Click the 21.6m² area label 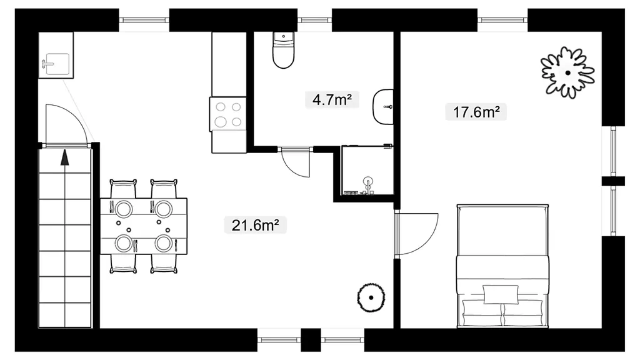coord(256,225)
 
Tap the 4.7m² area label coord(332,99)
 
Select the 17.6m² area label coord(476,111)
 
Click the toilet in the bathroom coord(283,50)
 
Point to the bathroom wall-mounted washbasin coord(384,106)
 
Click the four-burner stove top coord(228,114)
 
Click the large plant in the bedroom coord(567,72)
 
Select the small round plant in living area coord(371,297)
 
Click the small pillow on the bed coord(501,294)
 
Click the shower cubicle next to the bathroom coord(367,170)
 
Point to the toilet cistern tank coord(283,37)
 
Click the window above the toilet coord(314,19)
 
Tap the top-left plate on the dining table coord(124,209)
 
